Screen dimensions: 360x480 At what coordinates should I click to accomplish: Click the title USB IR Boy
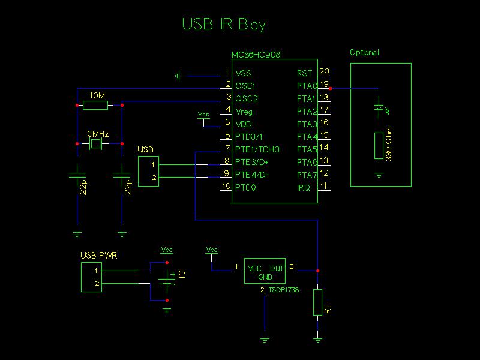(x=223, y=24)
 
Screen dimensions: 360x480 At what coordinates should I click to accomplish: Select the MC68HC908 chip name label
(x=256, y=55)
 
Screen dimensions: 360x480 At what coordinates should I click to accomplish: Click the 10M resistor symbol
(x=95, y=106)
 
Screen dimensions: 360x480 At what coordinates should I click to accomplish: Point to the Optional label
(x=364, y=53)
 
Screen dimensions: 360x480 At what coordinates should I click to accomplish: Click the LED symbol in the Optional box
(x=379, y=108)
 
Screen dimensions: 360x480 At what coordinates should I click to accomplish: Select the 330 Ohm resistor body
(x=379, y=146)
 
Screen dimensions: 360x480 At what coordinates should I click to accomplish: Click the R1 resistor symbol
(x=317, y=302)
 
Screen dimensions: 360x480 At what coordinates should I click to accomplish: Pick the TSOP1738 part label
(x=284, y=290)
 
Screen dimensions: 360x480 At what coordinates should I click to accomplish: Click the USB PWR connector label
(x=99, y=256)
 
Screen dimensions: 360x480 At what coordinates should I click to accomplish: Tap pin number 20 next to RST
(x=323, y=72)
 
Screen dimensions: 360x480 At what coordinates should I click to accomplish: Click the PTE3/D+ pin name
(x=252, y=162)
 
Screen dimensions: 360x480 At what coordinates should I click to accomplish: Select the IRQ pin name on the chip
(x=304, y=188)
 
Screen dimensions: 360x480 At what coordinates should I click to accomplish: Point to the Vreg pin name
(x=244, y=112)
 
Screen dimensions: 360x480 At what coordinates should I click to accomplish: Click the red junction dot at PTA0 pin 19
(x=331, y=88)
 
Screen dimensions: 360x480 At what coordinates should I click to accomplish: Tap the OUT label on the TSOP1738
(x=277, y=268)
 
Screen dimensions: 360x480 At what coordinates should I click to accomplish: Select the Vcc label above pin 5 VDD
(x=204, y=113)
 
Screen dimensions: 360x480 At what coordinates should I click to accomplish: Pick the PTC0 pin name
(x=245, y=188)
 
